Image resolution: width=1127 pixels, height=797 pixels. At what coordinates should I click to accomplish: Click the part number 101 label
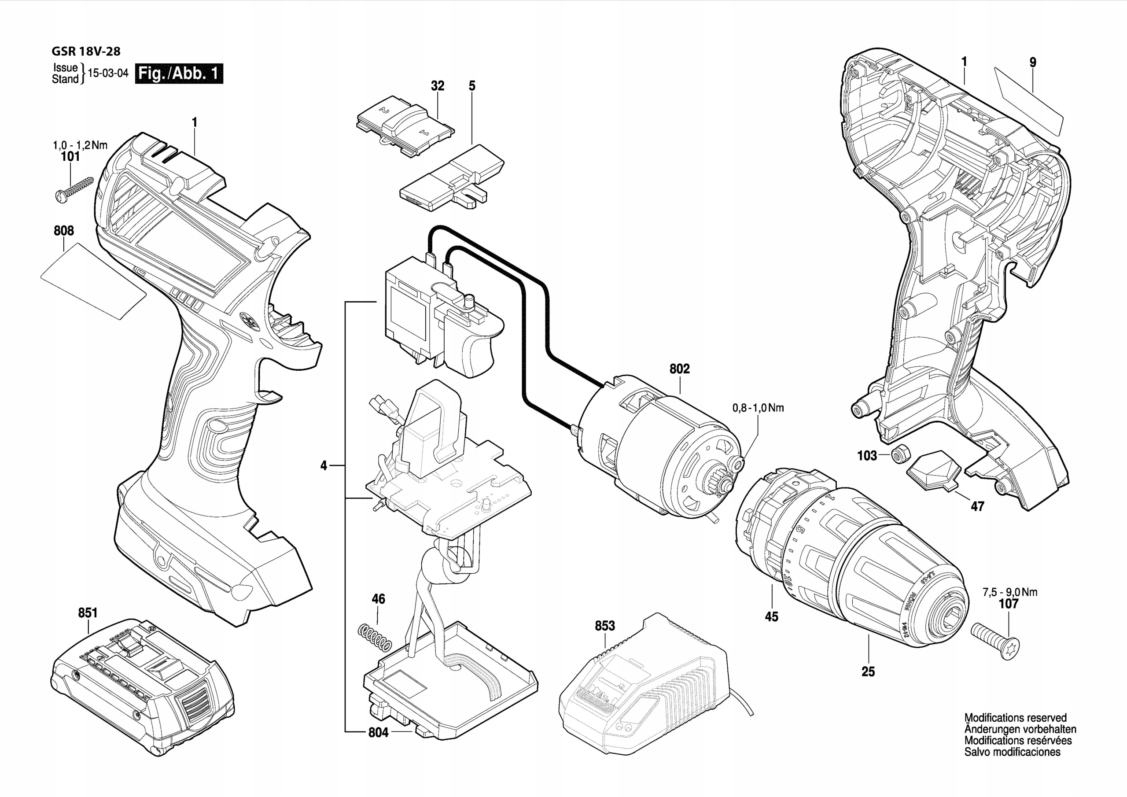(x=70, y=157)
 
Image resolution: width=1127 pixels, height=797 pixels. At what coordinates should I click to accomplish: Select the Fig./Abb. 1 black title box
(x=179, y=74)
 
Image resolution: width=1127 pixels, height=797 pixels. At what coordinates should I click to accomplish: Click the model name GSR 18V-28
(x=85, y=52)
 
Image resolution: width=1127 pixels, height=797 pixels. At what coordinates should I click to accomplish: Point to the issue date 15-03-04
(x=108, y=74)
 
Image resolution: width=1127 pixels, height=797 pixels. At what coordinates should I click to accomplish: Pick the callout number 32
(x=437, y=86)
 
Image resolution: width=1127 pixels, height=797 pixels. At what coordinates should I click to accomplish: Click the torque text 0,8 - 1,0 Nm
(x=758, y=408)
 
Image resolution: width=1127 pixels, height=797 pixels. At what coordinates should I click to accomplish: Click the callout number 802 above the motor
(x=679, y=369)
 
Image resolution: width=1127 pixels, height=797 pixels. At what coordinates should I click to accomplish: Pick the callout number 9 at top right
(x=1033, y=63)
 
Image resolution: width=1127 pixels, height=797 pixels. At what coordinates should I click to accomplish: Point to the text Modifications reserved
(x=1015, y=718)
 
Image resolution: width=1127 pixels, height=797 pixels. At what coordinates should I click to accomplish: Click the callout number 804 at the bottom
(x=378, y=733)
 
